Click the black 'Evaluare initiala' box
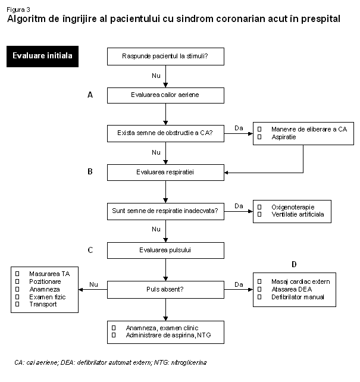[42, 57]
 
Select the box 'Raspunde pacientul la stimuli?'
[165, 57]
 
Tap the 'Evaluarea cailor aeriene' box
[165, 95]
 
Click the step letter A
[90, 95]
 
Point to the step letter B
[90, 172]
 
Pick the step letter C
[90, 250]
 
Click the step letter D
[294, 264]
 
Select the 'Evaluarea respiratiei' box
[165, 173]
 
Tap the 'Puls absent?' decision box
[165, 290]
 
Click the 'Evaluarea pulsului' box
[165, 251]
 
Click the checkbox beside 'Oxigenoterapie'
[259, 207]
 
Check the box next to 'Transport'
[17, 304]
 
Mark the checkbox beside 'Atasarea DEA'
[259, 289]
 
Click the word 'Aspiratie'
[284, 137]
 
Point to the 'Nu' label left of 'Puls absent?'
[93, 284]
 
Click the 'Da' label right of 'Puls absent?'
[239, 284]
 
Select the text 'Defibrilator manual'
[298, 297]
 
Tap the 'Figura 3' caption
[18, 10]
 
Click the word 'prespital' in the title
[321, 19]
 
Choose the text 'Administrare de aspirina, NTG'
[168, 335]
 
